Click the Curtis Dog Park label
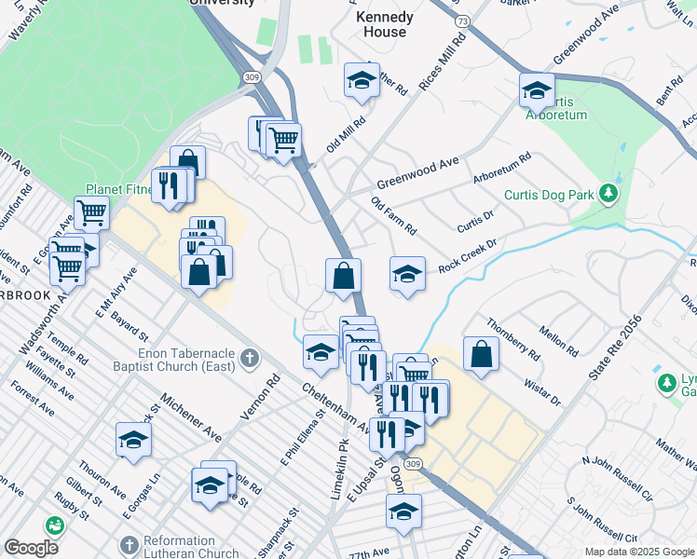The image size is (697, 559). pos(549,195)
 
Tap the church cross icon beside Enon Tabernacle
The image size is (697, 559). pos(249,357)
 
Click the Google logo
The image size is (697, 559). pos(31,548)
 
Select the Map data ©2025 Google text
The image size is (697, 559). pos(639,552)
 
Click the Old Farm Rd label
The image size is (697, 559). pos(392,215)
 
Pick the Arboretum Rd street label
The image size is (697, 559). pos(501,167)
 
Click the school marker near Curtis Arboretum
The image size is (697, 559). pos(537,90)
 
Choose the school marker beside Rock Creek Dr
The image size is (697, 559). pos(406,274)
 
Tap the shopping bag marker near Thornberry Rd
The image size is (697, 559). pos(480,354)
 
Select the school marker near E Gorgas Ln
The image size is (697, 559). pos(133,439)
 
